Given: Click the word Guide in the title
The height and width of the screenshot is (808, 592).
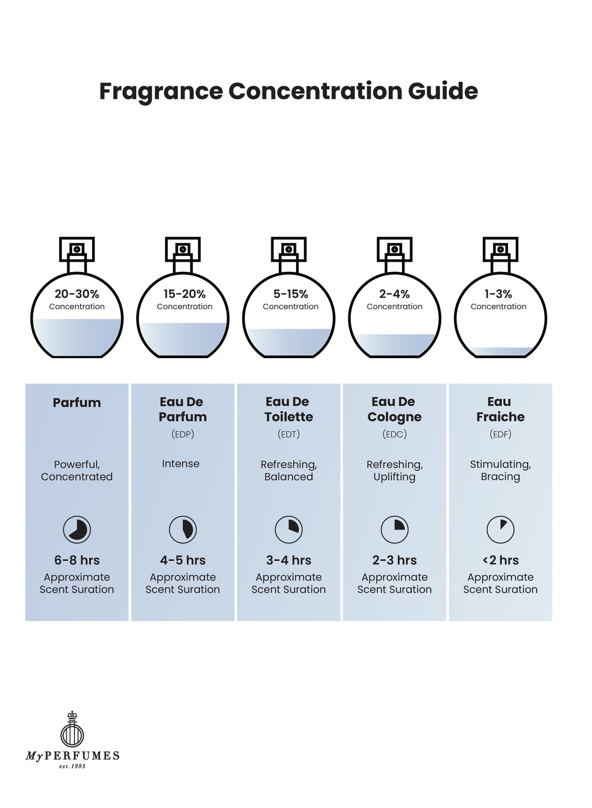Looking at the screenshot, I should click(443, 91).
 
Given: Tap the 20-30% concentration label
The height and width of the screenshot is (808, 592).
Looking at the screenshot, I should click(77, 294).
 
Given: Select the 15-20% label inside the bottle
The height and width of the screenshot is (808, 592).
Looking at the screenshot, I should click(185, 294).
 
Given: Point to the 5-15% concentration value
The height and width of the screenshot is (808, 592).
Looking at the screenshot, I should click(291, 294).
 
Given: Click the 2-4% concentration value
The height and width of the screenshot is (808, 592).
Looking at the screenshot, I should click(394, 294).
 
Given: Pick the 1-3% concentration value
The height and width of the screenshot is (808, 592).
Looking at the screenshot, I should click(498, 294).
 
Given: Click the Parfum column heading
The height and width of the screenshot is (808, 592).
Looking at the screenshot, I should click(77, 402).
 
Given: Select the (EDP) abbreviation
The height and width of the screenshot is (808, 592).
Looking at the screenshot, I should click(183, 434).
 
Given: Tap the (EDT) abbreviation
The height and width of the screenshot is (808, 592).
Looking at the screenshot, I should click(288, 434).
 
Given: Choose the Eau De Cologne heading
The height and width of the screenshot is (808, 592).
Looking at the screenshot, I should click(394, 409).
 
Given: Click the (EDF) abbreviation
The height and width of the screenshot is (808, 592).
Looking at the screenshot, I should click(501, 434).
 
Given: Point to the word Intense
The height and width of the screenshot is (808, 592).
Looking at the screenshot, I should click(181, 464).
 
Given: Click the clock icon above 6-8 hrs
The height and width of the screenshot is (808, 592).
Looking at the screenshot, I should click(77, 530).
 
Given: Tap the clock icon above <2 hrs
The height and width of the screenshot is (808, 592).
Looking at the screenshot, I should click(501, 530).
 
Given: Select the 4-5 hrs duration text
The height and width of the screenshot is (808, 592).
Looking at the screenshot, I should click(183, 560).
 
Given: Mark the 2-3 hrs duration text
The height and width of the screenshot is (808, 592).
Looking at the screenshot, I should click(394, 560).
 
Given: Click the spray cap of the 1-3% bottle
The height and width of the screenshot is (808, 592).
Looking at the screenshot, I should click(501, 249).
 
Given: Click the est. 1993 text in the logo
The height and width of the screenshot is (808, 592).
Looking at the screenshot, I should click(72, 766).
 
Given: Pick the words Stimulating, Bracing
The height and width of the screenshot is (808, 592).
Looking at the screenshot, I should click(501, 470).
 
